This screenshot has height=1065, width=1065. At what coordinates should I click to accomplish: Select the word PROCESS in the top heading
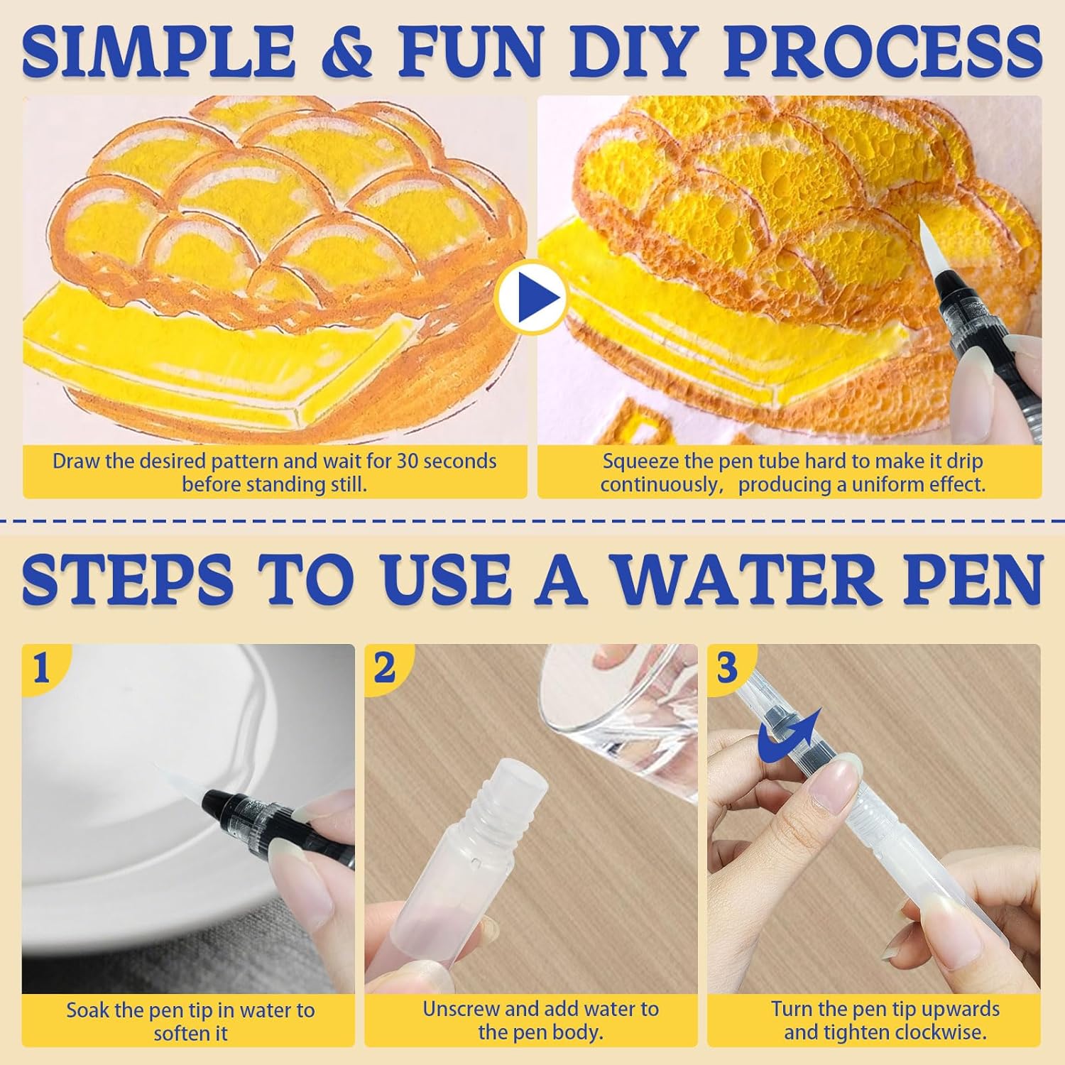(883, 51)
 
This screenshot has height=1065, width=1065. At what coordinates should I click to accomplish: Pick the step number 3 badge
(727, 667)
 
